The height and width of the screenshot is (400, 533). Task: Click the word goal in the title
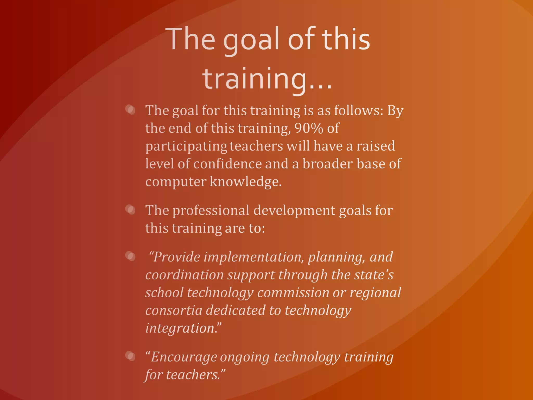coord(251,40)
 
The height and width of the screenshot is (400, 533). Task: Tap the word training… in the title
coord(267,79)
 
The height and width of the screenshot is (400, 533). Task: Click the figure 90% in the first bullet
coord(309,128)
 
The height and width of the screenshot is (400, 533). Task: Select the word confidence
coord(227,164)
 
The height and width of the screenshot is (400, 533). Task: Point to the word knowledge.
coord(245,182)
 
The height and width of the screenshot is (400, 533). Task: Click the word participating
coord(186,146)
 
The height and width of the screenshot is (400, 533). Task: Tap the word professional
coord(211,210)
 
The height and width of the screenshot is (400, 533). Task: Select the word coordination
coord(184,275)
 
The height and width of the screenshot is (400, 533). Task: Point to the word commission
coord(293,293)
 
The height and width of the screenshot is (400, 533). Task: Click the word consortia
coord(174,310)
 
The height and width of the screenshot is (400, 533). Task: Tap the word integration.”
coord(183,328)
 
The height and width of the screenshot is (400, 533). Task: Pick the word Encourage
coord(181,357)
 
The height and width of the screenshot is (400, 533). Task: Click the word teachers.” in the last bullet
coord(195,375)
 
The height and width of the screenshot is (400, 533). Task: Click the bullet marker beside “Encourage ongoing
coord(130,356)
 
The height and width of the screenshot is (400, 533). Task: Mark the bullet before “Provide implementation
coord(130,256)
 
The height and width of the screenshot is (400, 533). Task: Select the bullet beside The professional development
coord(130,209)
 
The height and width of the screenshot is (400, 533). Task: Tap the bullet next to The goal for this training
coord(130,110)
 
